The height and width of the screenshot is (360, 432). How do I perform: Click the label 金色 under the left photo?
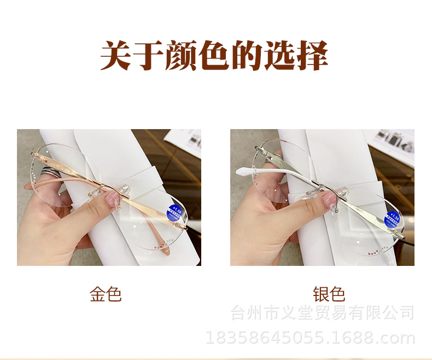106,294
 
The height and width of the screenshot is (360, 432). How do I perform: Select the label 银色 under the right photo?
329,294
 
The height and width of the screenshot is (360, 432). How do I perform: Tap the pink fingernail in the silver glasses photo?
330,199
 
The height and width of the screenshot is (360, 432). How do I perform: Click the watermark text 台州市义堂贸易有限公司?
323,313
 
